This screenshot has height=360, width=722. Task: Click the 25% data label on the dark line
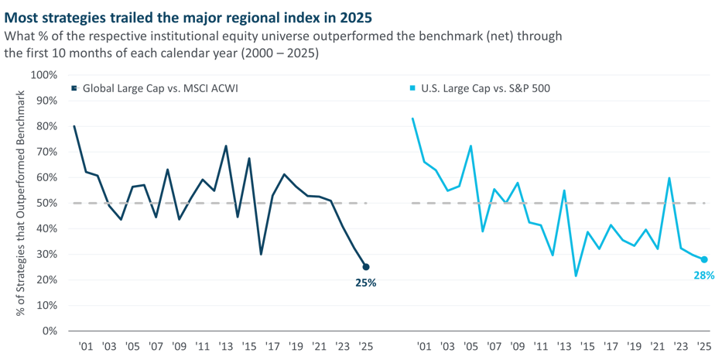pyautogui.click(x=365, y=283)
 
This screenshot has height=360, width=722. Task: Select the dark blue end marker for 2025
pyautogui.click(x=366, y=267)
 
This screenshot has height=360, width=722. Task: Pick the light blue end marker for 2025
pyautogui.click(x=704, y=260)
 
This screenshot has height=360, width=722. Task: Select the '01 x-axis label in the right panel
pyautogui.click(x=424, y=346)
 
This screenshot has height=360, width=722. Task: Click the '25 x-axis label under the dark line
pyautogui.click(x=365, y=346)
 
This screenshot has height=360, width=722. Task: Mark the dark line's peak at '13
pyautogui.click(x=225, y=146)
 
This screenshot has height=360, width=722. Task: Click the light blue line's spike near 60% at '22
pyautogui.click(x=669, y=179)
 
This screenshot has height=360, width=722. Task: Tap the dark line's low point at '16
pyautogui.click(x=261, y=254)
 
